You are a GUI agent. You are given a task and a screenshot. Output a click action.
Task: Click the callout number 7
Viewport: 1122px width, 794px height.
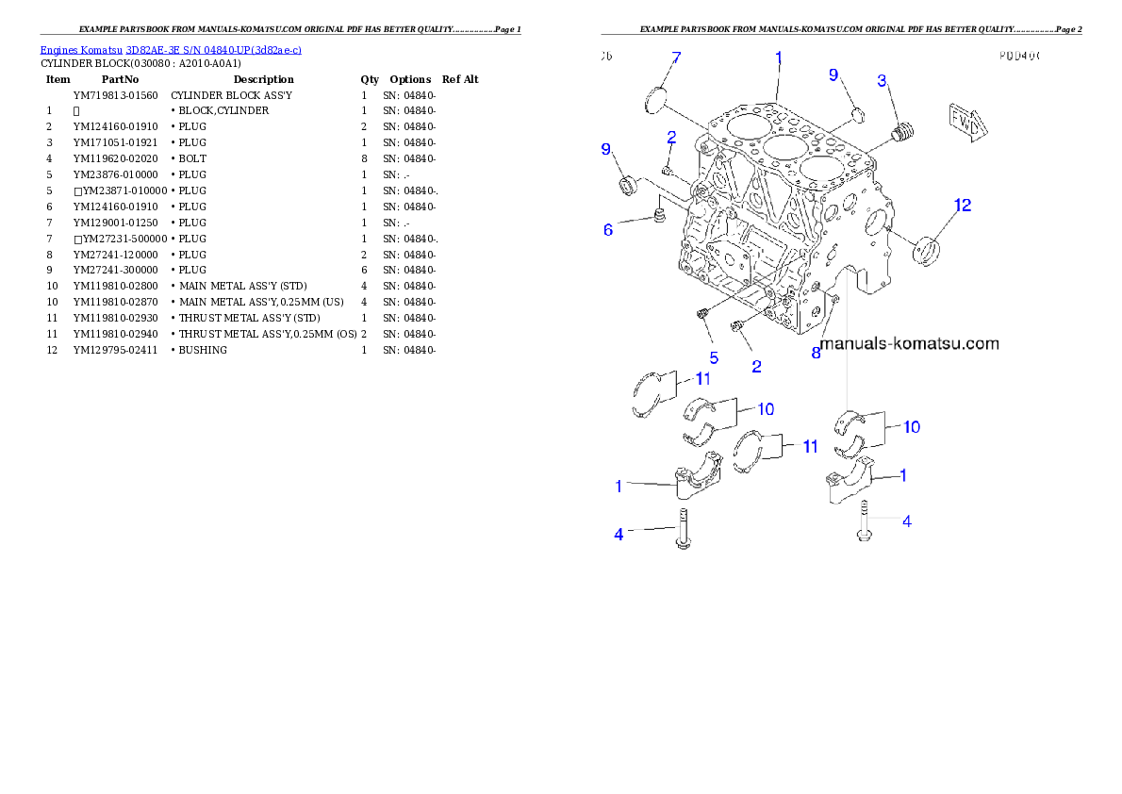click(x=675, y=59)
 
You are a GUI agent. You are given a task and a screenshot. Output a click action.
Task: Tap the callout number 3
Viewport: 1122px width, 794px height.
click(x=883, y=81)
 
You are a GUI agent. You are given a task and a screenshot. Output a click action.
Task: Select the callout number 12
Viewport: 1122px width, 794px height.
click(x=962, y=205)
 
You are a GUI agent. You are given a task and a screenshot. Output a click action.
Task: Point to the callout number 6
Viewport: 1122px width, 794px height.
click(x=608, y=229)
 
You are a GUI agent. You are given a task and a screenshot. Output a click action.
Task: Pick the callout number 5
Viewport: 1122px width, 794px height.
click(x=714, y=357)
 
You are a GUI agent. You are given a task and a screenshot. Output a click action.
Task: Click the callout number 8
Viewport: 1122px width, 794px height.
click(x=817, y=353)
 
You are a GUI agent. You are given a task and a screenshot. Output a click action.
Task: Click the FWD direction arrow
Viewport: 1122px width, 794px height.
click(x=965, y=120)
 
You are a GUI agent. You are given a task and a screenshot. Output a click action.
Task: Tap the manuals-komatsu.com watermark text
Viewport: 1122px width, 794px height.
click(x=909, y=344)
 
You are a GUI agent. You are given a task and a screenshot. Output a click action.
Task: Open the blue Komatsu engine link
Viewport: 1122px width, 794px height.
click(x=171, y=49)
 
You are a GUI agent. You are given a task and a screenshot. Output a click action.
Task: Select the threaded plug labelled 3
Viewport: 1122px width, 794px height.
click(x=903, y=133)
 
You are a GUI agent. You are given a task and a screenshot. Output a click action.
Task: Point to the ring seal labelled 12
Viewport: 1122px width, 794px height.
click(x=930, y=249)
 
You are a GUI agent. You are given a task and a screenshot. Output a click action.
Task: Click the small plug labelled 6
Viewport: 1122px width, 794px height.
click(x=660, y=219)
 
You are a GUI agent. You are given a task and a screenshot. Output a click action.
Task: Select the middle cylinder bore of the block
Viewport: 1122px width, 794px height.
click(x=782, y=147)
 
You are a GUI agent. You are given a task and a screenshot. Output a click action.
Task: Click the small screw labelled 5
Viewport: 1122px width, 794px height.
click(x=703, y=313)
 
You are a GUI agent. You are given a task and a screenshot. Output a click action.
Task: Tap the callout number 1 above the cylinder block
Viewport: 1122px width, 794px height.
click(x=779, y=58)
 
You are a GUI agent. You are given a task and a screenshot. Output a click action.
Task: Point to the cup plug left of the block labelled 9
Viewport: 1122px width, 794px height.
click(x=626, y=185)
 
